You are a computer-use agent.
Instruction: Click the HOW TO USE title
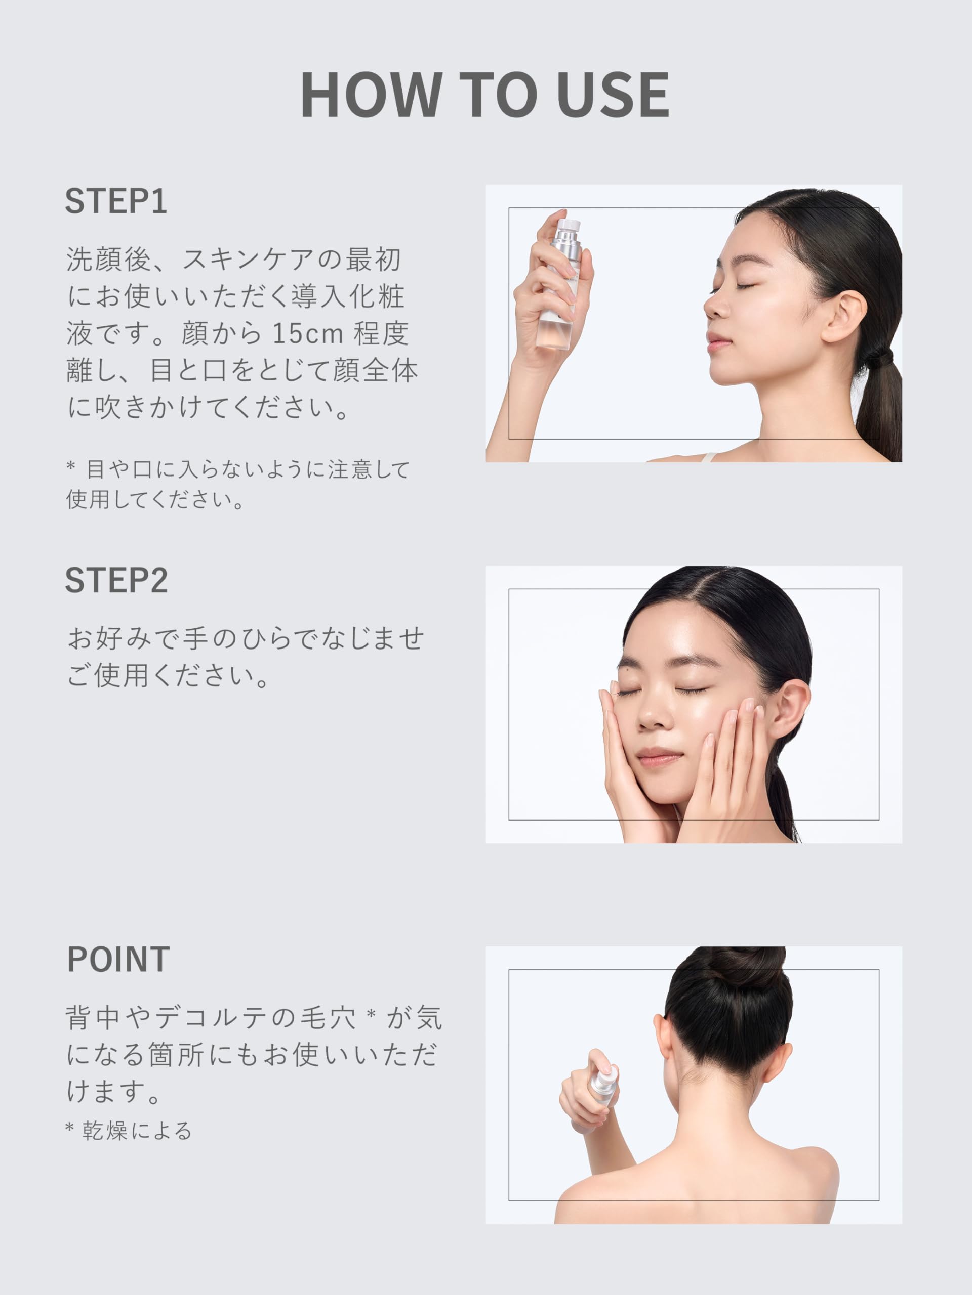pyautogui.click(x=485, y=95)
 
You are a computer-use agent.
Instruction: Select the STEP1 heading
pyautogui.click(x=116, y=201)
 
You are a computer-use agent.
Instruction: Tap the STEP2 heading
pyautogui.click(x=116, y=580)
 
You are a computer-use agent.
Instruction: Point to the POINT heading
pyautogui.click(x=118, y=960)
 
